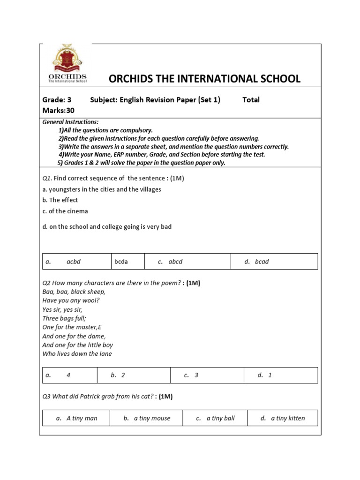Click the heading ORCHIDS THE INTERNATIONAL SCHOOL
pyautogui.click(x=204, y=79)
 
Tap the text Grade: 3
pyautogui.click(x=57, y=100)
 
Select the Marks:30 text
pyautogui.click(x=58, y=111)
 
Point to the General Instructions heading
pyautogui.click(x=70, y=122)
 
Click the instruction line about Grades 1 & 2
pyautogui.click(x=141, y=163)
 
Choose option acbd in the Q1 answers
pyautogui.click(x=73, y=262)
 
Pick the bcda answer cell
pyautogui.click(x=121, y=262)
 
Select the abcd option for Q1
pyautogui.click(x=175, y=262)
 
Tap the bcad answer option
pyautogui.click(x=262, y=262)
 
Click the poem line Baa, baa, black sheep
pyautogui.click(x=74, y=292)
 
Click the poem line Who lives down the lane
pyautogui.click(x=77, y=354)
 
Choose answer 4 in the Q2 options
pyautogui.click(x=68, y=375)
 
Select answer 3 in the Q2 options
pyautogui.click(x=196, y=375)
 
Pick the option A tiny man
pyautogui.click(x=82, y=418)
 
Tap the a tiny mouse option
pyautogui.click(x=152, y=418)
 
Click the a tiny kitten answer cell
pyautogui.click(x=287, y=418)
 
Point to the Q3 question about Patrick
pyautogui.click(x=107, y=397)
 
